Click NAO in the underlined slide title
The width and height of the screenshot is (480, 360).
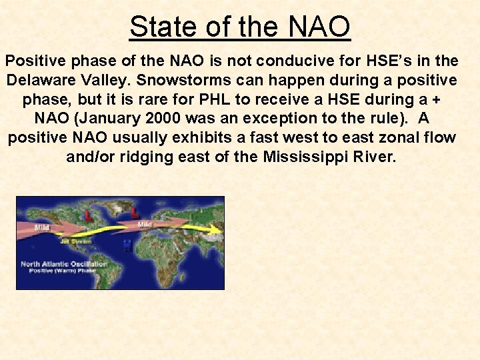point(319,27)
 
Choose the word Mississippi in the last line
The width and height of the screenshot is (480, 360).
point(314,157)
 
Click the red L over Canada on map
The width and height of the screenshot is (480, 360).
point(89,215)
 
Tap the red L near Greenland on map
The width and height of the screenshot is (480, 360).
point(135,212)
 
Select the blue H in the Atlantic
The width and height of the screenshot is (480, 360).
point(127,245)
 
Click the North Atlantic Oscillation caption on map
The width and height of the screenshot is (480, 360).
point(63,264)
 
